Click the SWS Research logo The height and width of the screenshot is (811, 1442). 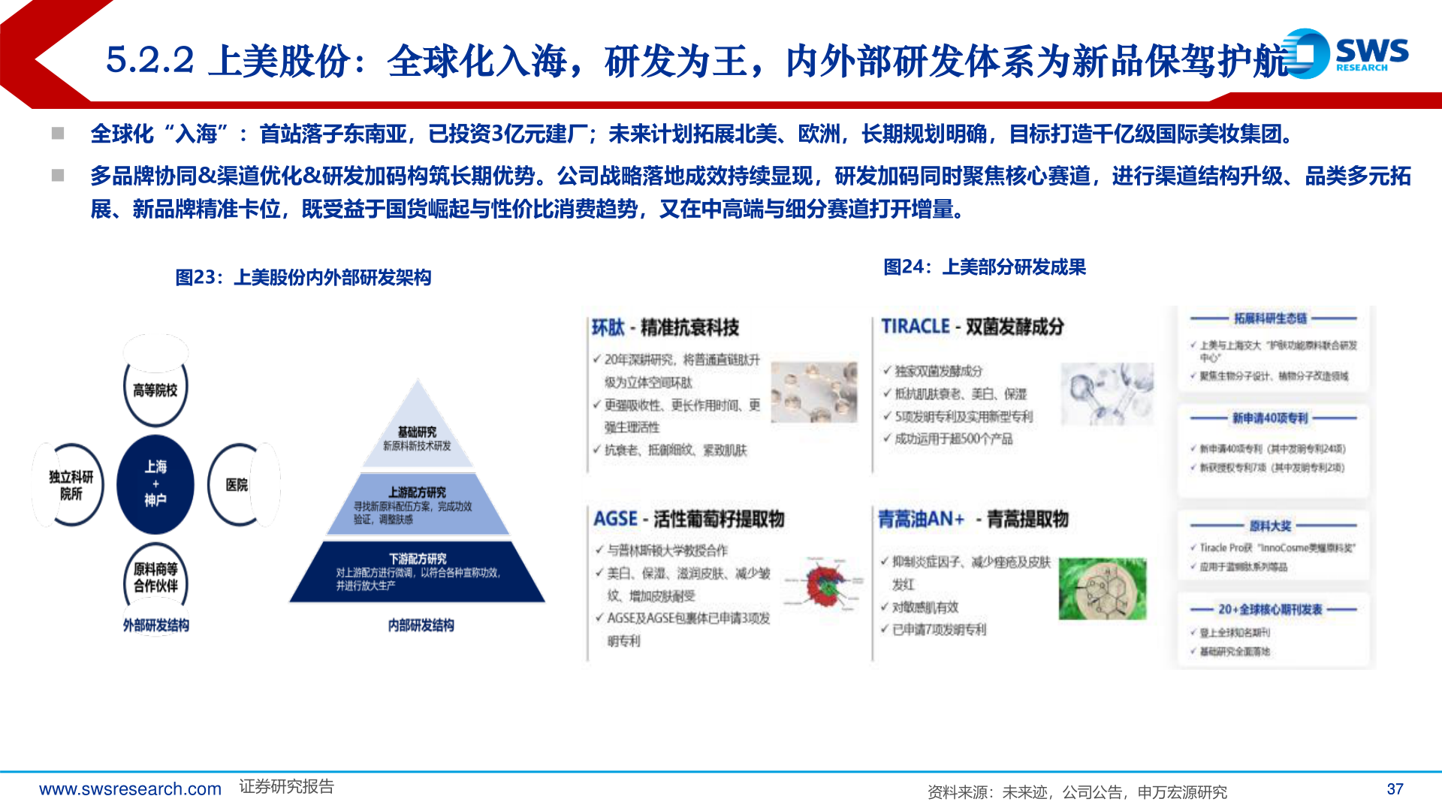[1348, 53]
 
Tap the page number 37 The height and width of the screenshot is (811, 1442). [1395, 789]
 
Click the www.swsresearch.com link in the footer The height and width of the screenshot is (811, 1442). [130, 789]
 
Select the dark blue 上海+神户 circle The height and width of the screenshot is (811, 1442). [155, 484]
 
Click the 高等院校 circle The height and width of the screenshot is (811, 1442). [155, 390]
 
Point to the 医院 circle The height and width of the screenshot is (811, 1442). [237, 485]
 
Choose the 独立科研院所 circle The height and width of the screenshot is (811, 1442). [71, 485]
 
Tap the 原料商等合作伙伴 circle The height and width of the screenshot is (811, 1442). [155, 577]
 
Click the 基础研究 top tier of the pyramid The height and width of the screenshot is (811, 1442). [418, 436]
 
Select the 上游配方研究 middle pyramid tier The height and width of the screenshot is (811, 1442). [417, 504]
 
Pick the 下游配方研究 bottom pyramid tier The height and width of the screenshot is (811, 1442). [418, 571]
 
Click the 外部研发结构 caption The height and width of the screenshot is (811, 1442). [156, 626]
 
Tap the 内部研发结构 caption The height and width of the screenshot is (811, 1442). [421, 626]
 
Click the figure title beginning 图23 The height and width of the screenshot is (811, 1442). [303, 278]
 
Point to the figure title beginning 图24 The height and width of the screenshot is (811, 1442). [984, 267]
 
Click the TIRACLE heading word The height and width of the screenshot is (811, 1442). [916, 327]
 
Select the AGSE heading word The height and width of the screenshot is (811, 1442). [615, 519]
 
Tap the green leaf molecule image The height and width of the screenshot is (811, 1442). [1102, 589]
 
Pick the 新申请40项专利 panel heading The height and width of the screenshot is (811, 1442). [1269, 418]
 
